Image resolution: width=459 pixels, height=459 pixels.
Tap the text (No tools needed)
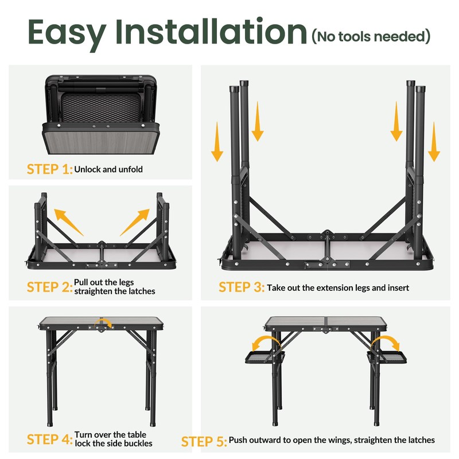click(x=371, y=37)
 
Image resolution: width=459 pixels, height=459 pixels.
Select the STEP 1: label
click(x=50, y=169)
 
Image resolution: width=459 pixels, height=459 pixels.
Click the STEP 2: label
click(x=50, y=287)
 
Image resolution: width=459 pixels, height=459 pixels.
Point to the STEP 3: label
click(x=242, y=287)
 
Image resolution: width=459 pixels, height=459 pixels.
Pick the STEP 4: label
click(x=50, y=439)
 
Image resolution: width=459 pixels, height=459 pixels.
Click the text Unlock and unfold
click(x=108, y=170)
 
